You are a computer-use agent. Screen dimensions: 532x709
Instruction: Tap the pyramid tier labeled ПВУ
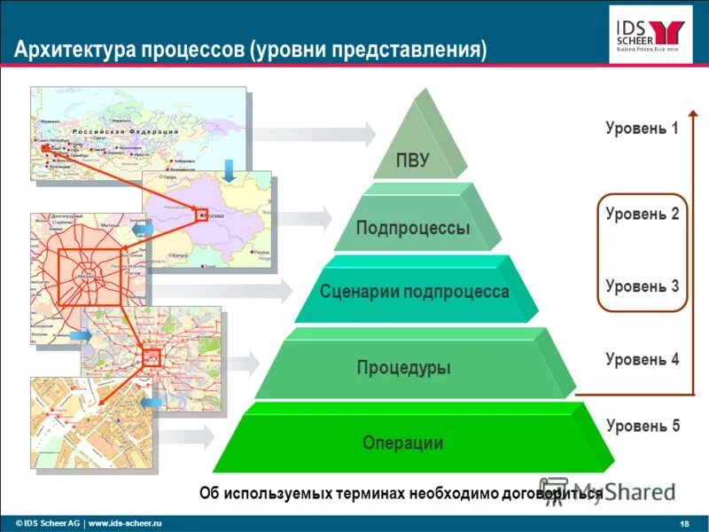(x=413, y=160)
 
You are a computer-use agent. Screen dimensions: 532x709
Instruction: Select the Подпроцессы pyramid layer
(x=413, y=228)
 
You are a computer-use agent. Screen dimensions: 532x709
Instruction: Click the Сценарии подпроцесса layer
(x=414, y=292)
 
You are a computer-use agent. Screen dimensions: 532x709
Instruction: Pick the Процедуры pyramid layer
(x=403, y=366)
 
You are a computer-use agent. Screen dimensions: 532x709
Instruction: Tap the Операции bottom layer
(x=402, y=442)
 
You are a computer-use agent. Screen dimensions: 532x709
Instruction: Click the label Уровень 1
(x=642, y=129)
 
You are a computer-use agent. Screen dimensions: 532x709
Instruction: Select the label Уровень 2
(x=642, y=214)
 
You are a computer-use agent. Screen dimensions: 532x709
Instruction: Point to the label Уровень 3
(x=642, y=286)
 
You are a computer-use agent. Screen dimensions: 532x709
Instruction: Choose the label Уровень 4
(x=642, y=359)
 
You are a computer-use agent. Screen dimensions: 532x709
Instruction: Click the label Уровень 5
(x=642, y=426)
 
